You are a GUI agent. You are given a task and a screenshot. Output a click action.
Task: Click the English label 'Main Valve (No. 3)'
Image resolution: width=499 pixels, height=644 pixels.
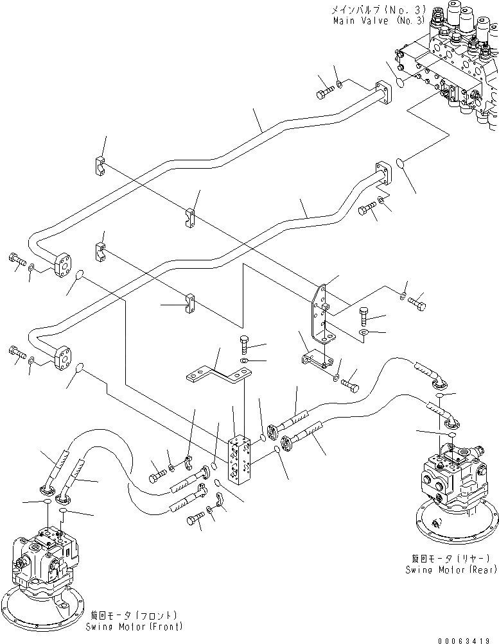point(379,21)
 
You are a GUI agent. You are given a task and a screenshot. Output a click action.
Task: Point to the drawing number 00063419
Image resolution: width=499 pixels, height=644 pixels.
point(466,640)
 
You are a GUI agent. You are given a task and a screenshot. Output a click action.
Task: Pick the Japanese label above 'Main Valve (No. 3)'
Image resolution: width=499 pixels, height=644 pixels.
point(379,9)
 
